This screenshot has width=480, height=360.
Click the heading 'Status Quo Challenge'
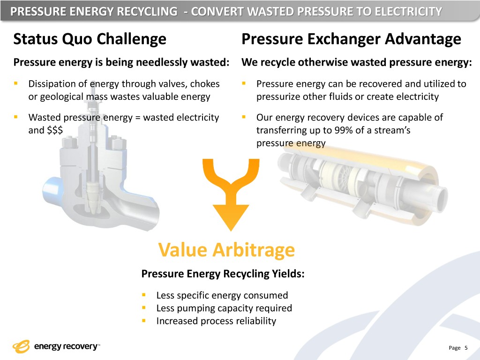point(90,39)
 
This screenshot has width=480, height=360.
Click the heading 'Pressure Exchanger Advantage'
point(351,39)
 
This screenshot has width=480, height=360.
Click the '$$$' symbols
point(55,130)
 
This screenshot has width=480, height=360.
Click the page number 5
point(466,348)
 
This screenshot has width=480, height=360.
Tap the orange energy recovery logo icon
point(21,346)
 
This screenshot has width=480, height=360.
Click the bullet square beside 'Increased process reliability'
point(143,321)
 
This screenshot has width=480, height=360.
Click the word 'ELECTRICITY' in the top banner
point(408,12)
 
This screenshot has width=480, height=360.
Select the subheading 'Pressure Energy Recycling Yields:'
point(223,273)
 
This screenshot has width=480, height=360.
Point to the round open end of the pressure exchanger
point(440,199)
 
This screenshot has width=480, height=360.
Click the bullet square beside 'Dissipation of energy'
point(15,83)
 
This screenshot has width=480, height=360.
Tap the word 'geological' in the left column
point(61,97)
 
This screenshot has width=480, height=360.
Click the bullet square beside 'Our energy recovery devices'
point(244,117)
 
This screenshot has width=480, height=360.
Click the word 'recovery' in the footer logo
point(80,346)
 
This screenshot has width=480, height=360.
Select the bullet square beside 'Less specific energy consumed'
point(143,295)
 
